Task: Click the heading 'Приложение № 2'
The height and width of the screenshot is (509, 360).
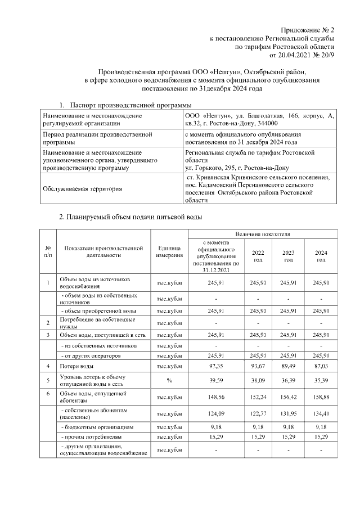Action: point(308,29)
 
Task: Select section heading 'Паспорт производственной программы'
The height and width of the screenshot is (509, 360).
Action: point(130,105)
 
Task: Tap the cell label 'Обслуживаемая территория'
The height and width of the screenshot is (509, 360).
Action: point(82,188)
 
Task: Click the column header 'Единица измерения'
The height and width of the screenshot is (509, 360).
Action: point(169,251)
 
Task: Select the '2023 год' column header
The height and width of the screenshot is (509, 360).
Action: point(288,256)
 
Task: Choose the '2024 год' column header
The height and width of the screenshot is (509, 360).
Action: point(321,256)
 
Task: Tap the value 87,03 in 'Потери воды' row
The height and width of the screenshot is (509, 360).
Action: point(321,366)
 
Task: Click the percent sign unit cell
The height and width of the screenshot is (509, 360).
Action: point(169,380)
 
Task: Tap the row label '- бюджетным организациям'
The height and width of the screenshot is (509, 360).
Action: point(97,427)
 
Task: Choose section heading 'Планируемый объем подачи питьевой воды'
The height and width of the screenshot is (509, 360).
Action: point(130,217)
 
